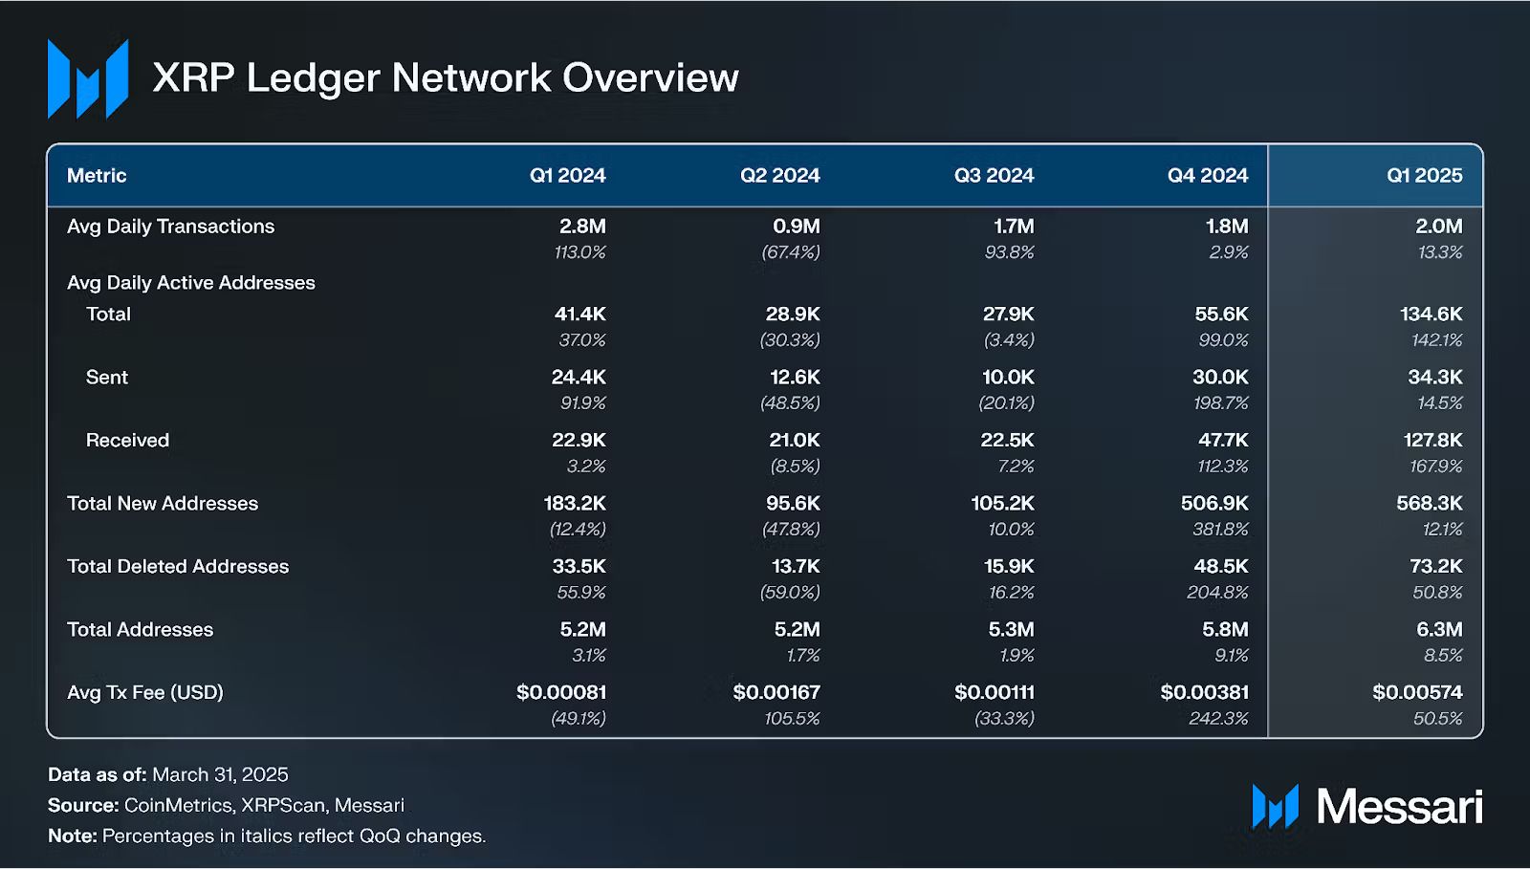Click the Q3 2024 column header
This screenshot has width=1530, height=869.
[x=994, y=176]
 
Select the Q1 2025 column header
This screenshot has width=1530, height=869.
[x=1424, y=176]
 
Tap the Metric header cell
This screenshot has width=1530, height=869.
[x=97, y=176]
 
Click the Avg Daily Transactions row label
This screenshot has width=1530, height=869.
[x=170, y=227]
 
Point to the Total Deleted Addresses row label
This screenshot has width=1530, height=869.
[x=178, y=567]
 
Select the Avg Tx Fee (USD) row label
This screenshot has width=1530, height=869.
[x=145, y=693]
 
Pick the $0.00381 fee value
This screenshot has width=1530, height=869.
[x=1204, y=693]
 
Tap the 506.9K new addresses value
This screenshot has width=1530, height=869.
[x=1214, y=504]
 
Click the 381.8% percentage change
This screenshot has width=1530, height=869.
[x=1217, y=530]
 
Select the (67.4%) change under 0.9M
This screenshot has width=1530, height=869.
[x=790, y=252]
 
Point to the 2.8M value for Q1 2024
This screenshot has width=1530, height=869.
[x=582, y=227]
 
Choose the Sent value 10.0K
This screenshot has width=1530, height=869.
[x=1008, y=378]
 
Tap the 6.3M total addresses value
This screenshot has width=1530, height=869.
[x=1439, y=630]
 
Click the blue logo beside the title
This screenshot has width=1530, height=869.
[x=88, y=79]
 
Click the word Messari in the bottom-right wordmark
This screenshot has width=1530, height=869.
[x=1399, y=808]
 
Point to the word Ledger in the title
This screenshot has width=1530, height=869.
[x=313, y=78]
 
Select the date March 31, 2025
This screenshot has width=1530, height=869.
[x=220, y=775]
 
